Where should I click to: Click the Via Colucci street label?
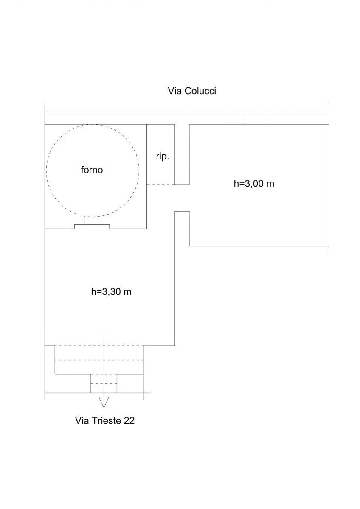[x=192, y=91]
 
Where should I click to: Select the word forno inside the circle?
[x=92, y=170]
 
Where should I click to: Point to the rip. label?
[x=163, y=157]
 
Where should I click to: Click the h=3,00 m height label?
[x=254, y=183]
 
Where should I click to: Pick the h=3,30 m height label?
[x=111, y=291]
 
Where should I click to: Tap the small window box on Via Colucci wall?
[x=257, y=118]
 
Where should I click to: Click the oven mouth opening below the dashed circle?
[x=93, y=220]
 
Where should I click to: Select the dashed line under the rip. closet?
[x=161, y=185]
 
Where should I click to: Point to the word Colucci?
[x=200, y=91]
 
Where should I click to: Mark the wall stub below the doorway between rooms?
[x=182, y=229]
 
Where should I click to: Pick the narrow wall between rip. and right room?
[x=182, y=154]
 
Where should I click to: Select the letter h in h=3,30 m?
[x=93, y=291]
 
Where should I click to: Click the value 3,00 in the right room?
[x=254, y=183]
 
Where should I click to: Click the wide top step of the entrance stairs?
[x=99, y=352]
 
